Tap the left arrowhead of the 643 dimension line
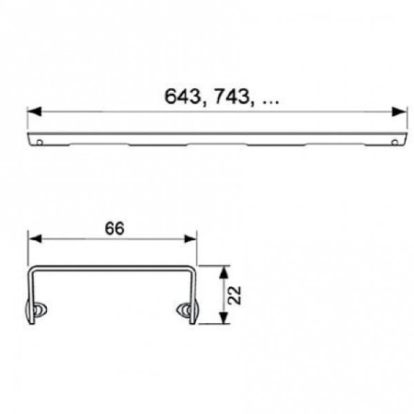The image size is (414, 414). [33, 111]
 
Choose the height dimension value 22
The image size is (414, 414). [236, 293]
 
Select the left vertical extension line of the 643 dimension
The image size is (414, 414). [28, 123]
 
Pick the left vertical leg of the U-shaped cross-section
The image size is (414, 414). [32, 290]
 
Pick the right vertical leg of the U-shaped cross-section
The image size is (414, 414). [195, 290]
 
